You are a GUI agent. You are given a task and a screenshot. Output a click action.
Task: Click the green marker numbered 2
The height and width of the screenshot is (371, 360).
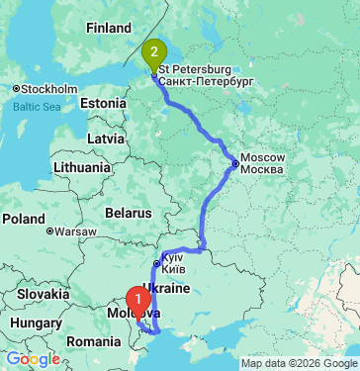[153, 51]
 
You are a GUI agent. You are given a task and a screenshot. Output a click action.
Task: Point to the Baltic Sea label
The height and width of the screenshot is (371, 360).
[37, 106]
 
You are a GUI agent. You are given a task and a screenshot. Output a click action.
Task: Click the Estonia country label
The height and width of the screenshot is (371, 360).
[104, 104]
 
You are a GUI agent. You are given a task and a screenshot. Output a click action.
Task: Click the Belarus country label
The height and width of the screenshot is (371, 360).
[128, 213]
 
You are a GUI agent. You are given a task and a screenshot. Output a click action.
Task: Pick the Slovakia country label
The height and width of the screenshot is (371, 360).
[41, 295]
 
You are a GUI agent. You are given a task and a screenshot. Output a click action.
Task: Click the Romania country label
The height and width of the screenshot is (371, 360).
[94, 340]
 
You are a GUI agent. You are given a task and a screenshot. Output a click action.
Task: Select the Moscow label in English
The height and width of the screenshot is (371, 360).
[263, 158]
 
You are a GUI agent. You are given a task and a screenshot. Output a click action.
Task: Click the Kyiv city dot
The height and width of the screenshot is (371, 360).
[155, 263]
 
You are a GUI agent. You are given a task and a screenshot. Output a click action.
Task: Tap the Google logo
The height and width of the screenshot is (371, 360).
[33, 359]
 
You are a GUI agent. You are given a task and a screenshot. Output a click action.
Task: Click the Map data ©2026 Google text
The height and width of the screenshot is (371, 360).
[297, 362]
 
